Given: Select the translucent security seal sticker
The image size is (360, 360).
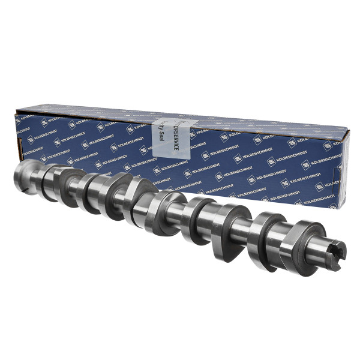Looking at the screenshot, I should [x=168, y=142].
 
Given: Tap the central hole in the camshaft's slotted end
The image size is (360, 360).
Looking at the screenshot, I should [x=337, y=252].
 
